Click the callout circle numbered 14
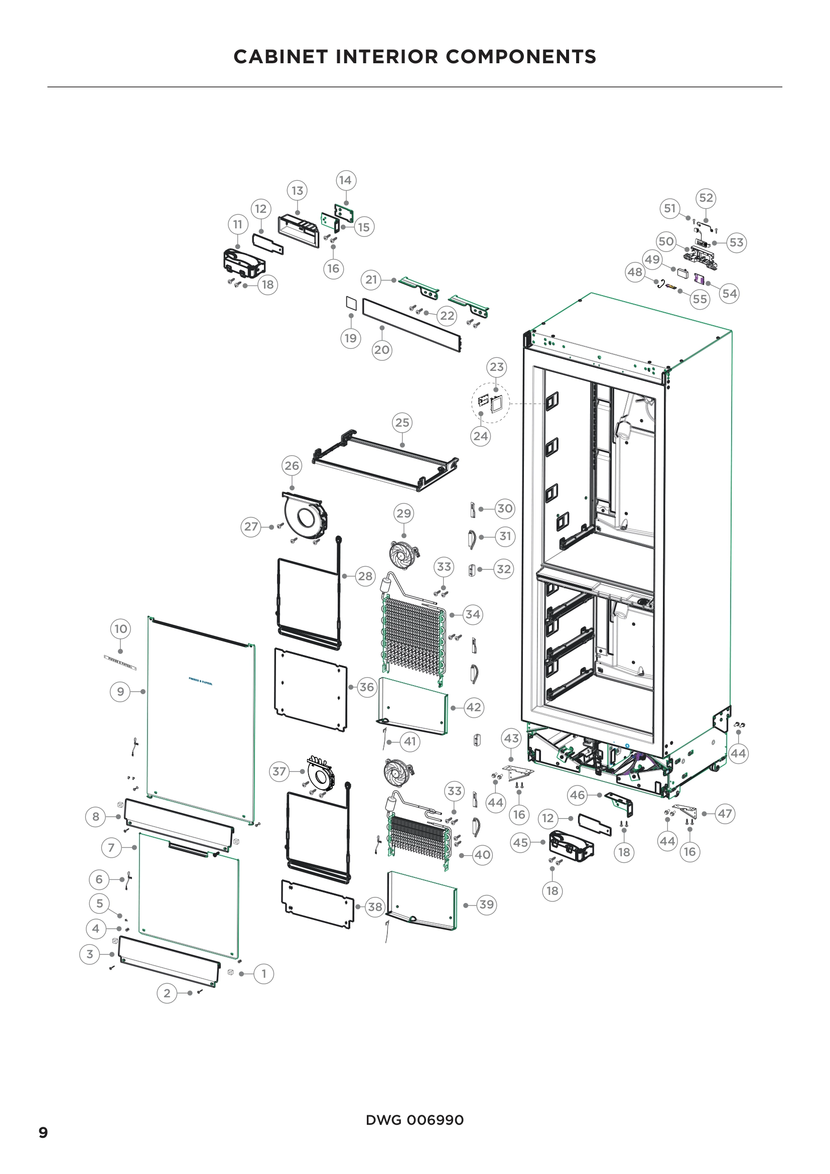coord(345,180)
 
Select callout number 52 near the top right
coord(706,198)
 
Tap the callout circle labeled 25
coord(402,422)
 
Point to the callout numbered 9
coord(120,692)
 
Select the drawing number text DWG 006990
coord(414,1120)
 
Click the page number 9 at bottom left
coord(43,1132)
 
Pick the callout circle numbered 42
coord(473,707)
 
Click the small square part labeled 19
coord(351,303)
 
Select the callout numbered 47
coord(725,813)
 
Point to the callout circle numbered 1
coord(264,974)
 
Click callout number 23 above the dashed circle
coord(496,366)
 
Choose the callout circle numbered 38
coord(375,906)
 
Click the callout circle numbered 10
coord(120,628)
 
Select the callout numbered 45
coord(520,842)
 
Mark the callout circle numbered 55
coord(700,299)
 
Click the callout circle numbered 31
coord(505,536)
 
